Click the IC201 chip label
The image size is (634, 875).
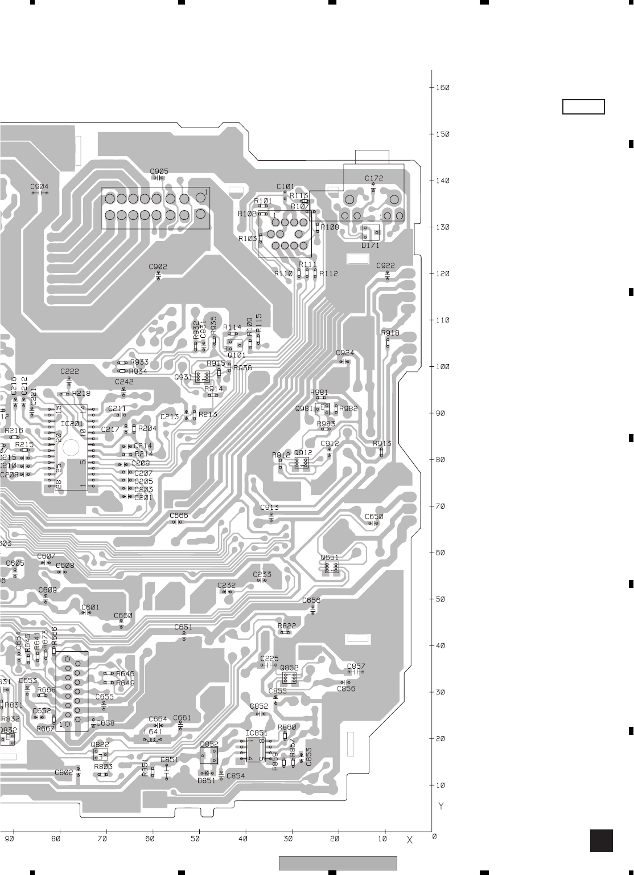click(x=72, y=424)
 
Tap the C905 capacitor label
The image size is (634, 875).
click(x=159, y=171)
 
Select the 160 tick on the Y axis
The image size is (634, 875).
click(x=442, y=88)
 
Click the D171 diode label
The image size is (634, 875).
click(x=370, y=246)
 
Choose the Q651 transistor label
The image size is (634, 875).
click(x=330, y=557)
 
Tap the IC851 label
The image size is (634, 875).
click(x=256, y=733)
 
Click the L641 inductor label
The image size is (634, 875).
click(x=153, y=732)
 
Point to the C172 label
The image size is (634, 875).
click(x=374, y=178)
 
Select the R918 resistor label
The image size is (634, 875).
click(x=390, y=333)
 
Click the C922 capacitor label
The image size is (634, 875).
click(x=385, y=265)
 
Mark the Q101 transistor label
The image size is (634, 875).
click(x=236, y=354)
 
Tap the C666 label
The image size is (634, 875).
click(x=179, y=516)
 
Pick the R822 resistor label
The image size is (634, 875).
click(x=287, y=626)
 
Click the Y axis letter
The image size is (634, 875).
click(x=441, y=807)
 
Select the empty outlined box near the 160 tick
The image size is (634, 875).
click(x=583, y=107)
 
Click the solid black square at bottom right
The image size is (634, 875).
click(x=602, y=840)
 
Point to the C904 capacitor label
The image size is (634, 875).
click(x=39, y=186)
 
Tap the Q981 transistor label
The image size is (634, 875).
click(x=303, y=408)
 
